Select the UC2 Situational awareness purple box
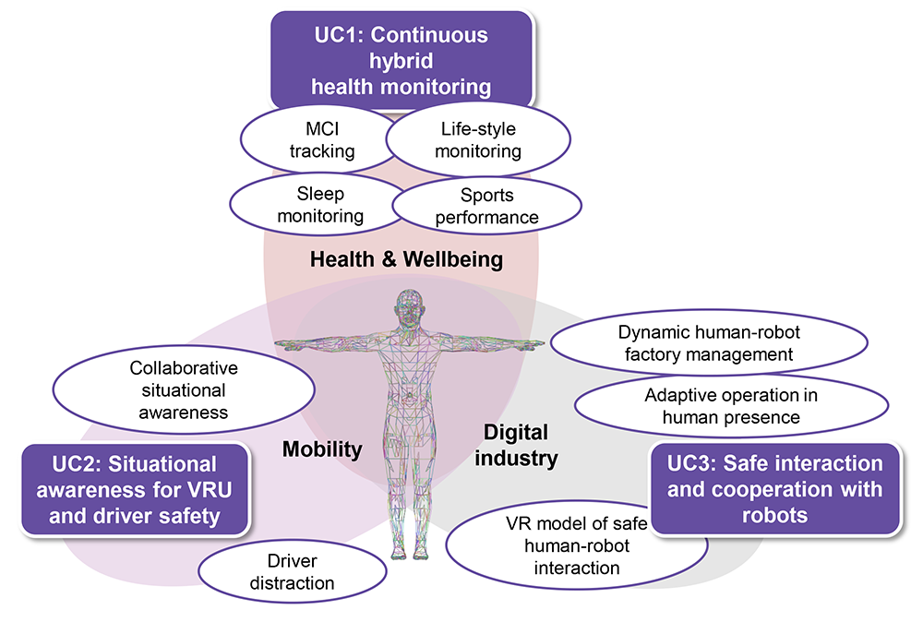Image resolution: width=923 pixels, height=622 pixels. tap(136, 489)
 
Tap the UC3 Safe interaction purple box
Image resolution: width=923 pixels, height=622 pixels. tap(774, 488)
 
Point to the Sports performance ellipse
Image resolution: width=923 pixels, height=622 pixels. tap(486, 207)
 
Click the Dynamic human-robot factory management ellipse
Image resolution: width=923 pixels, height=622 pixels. tap(708, 341)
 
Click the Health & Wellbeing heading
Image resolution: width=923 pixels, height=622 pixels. tap(406, 260)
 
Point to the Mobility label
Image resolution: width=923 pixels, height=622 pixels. tap(321, 449)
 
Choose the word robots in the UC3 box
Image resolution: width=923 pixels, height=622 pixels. tap(774, 515)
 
